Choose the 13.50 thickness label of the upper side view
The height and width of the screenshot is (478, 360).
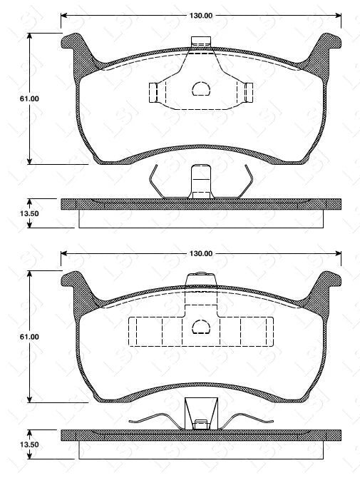14,213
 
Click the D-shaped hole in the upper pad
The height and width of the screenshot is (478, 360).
201,89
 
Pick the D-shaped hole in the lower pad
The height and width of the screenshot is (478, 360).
201,327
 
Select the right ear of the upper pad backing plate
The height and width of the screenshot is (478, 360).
328,47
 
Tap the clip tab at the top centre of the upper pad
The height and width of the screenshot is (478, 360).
201,42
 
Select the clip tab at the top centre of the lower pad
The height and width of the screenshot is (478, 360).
201,279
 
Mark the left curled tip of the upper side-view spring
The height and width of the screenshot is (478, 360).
157,169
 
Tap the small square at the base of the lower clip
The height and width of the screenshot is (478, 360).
201,425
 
